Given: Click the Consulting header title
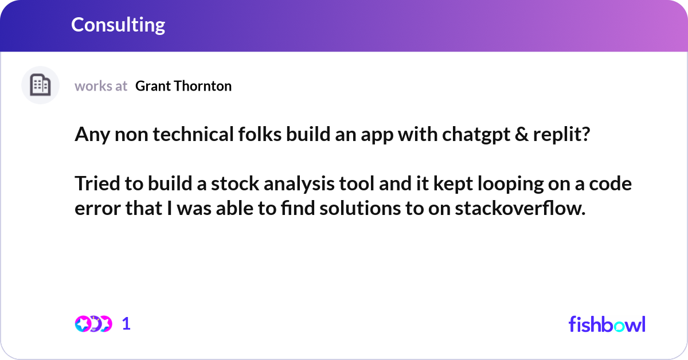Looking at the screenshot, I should coord(118,25).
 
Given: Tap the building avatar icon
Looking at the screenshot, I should coord(40,85).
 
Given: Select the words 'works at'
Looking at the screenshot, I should coord(101,86).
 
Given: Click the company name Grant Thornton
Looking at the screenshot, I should coord(183,86).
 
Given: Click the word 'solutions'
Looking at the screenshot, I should coord(351,209).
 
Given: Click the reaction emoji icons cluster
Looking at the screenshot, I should coord(93,324).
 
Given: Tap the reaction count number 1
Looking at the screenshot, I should coord(127,324).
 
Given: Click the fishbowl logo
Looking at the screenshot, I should coord(607,324).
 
